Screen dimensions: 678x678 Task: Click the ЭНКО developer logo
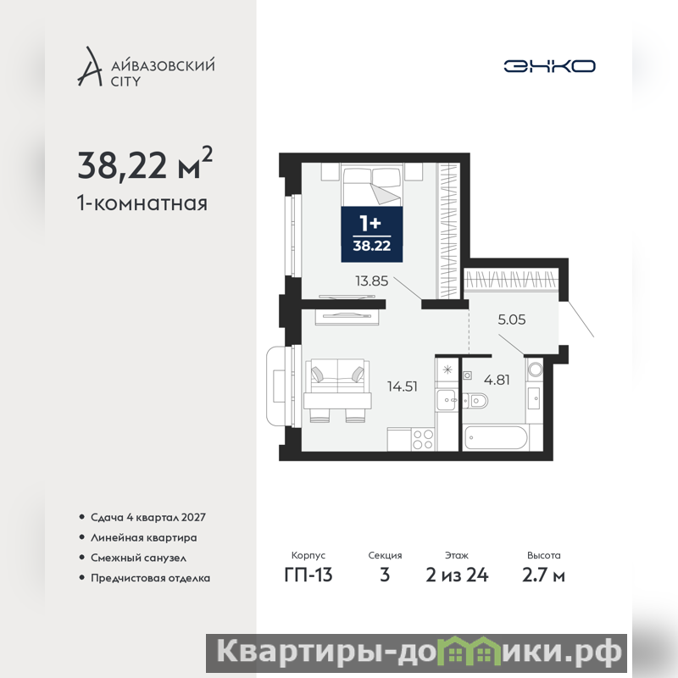pyautogui.click(x=549, y=66)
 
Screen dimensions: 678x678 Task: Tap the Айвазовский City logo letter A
pyautogui.click(x=89, y=66)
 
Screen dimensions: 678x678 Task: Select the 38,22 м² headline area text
pyautogui.click(x=145, y=164)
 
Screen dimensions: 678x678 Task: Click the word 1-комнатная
pyautogui.click(x=142, y=203)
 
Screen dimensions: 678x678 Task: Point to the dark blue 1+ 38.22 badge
pyautogui.click(x=372, y=235)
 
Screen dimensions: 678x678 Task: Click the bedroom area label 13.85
pyautogui.click(x=372, y=281)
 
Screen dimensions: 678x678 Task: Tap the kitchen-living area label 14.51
pyautogui.click(x=402, y=386)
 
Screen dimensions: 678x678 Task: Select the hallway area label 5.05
pyautogui.click(x=512, y=320)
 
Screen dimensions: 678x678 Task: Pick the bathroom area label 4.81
pyautogui.click(x=497, y=380)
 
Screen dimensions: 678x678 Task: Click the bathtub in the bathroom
pyautogui.click(x=496, y=437)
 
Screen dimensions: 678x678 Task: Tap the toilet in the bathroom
pyautogui.click(x=475, y=401)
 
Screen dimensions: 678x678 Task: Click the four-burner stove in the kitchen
pyautogui.click(x=423, y=439)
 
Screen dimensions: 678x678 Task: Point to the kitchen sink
pyautogui.click(x=447, y=399)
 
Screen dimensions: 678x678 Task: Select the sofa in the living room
pyautogui.click(x=337, y=375)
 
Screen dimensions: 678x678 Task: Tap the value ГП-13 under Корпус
pyautogui.click(x=308, y=575)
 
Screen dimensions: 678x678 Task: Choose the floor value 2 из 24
pyautogui.click(x=457, y=575)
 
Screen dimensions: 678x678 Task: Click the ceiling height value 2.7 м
pyautogui.click(x=543, y=575)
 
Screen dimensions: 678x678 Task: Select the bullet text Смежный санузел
pyautogui.click(x=138, y=559)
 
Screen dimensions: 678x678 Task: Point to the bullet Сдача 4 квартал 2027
pyautogui.click(x=147, y=518)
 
